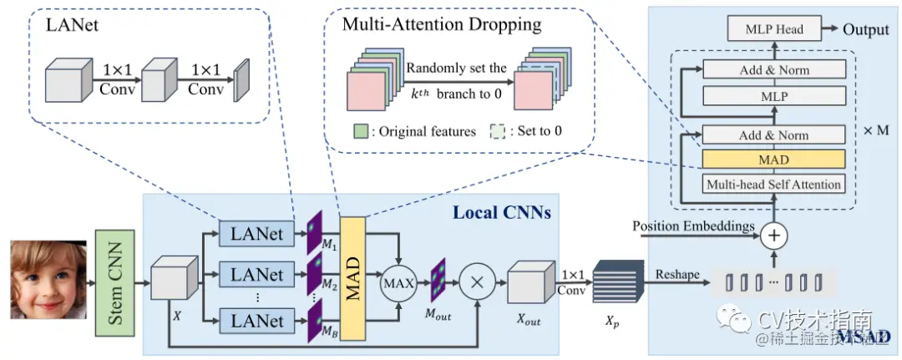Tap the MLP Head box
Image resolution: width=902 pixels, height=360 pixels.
(x=774, y=30)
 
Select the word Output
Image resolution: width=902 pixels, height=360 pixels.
(x=865, y=30)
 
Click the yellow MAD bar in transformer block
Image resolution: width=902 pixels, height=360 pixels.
(x=774, y=159)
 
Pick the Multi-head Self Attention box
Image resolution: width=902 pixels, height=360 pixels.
(x=774, y=183)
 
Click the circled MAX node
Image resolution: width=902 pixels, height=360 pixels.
(x=399, y=282)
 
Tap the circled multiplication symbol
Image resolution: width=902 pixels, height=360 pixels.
(x=479, y=282)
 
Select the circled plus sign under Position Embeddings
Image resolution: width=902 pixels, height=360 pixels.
(x=774, y=236)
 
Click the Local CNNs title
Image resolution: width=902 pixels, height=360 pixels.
(x=501, y=212)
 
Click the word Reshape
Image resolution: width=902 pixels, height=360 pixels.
(x=677, y=275)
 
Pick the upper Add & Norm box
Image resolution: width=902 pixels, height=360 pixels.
(x=774, y=70)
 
